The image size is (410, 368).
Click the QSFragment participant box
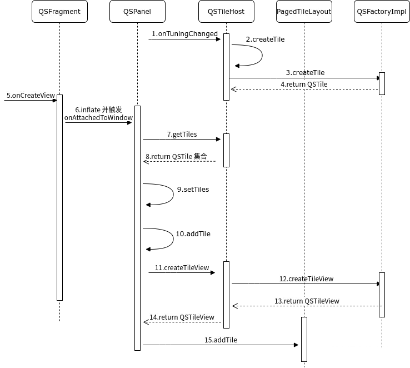[x=59, y=12]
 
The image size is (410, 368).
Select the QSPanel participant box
[x=137, y=12]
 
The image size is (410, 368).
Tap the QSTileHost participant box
[x=226, y=12]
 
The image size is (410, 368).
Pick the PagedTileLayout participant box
[x=304, y=12]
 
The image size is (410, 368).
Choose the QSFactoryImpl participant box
[x=382, y=12]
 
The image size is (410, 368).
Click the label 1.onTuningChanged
[x=184, y=34]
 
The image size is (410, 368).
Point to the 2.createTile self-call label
[x=265, y=39]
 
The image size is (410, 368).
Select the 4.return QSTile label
[x=304, y=84]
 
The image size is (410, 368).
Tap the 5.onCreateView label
[x=31, y=96]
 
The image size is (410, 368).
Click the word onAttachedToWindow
[x=98, y=118]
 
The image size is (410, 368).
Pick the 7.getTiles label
[x=182, y=135]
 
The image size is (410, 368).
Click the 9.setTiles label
[x=193, y=190]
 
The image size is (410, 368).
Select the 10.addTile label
[x=193, y=234]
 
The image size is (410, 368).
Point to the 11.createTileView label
[x=182, y=268]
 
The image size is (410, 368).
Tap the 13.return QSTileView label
[x=307, y=301]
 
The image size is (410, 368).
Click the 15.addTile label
[x=221, y=340]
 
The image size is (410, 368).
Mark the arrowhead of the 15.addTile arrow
[x=296, y=345]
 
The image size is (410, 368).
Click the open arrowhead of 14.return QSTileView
[x=146, y=322]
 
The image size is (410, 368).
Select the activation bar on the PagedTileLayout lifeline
[x=304, y=339]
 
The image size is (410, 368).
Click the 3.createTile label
[x=305, y=73]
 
